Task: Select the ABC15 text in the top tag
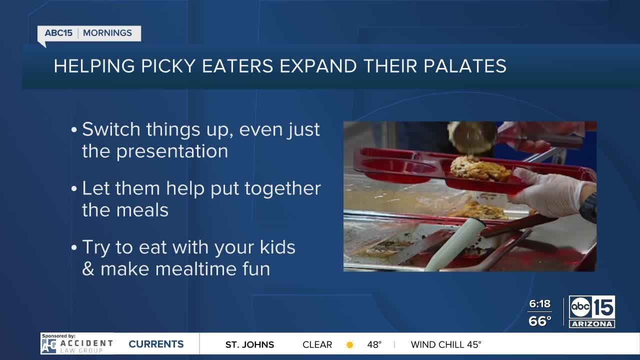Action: tap(58, 33)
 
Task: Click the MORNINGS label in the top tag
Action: tap(107, 33)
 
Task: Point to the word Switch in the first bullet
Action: tap(111, 129)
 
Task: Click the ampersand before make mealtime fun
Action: tap(88, 269)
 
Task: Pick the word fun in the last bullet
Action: tap(255, 269)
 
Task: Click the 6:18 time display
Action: tap(539, 304)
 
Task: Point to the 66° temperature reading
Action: tap(540, 320)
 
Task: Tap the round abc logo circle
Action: tap(581, 307)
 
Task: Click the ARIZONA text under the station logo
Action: tap(592, 324)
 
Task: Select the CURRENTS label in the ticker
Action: tap(156, 344)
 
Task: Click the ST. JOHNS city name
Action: tap(249, 344)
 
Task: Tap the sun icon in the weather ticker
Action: tap(349, 344)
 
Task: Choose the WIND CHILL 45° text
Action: tap(446, 344)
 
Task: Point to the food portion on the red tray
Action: tap(479, 168)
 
